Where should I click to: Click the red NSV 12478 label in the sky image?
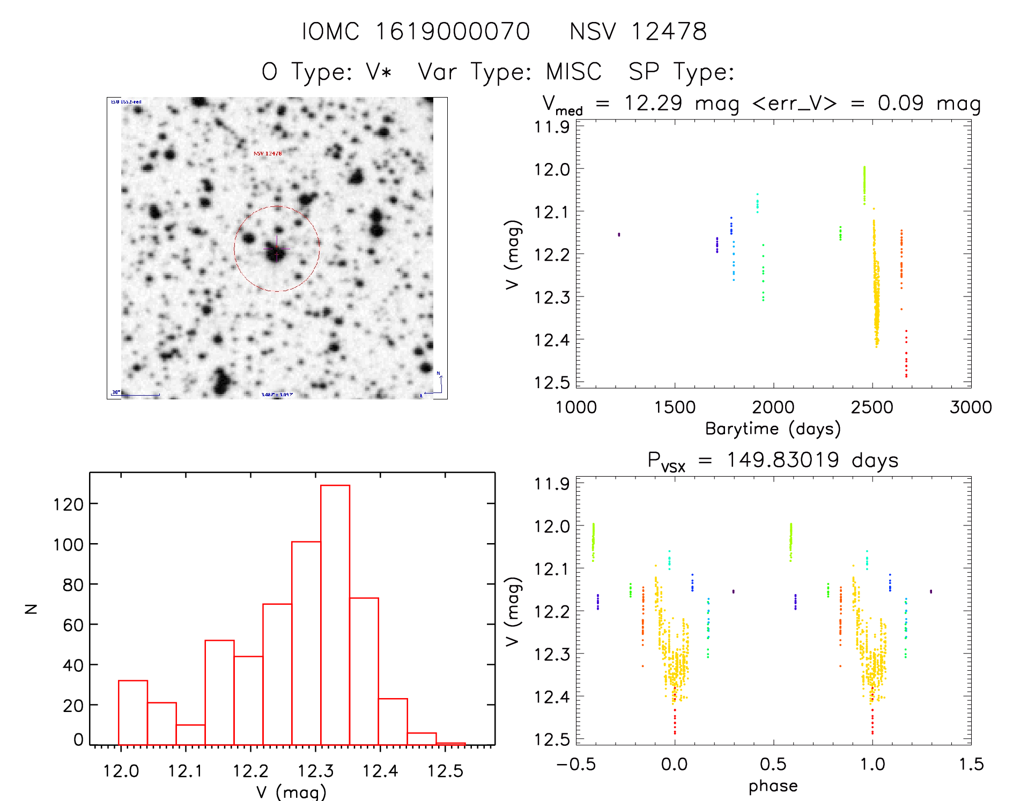pyautogui.click(x=268, y=154)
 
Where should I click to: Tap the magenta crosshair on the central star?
pyautogui.click(x=277, y=249)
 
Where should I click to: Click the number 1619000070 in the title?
pyautogui.click(x=452, y=32)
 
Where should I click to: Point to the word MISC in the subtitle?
pyautogui.click(x=574, y=72)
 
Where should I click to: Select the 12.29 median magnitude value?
pyautogui.click(x=653, y=103)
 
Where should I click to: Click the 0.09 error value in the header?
pyautogui.click(x=900, y=103)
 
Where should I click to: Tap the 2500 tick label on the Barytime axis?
pyautogui.click(x=872, y=407)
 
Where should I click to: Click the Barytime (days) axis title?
pyautogui.click(x=773, y=429)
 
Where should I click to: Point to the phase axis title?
pyautogui.click(x=773, y=786)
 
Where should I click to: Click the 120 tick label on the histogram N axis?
pyautogui.click(x=68, y=504)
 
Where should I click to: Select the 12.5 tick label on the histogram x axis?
pyautogui.click(x=445, y=771)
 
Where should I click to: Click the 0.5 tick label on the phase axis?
pyautogui.click(x=773, y=765)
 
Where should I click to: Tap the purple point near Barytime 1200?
pyautogui.click(x=619, y=234)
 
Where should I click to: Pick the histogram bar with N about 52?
pyautogui.click(x=219, y=692)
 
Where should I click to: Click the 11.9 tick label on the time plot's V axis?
pyautogui.click(x=551, y=127)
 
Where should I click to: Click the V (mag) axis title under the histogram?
pyautogui.click(x=291, y=791)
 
